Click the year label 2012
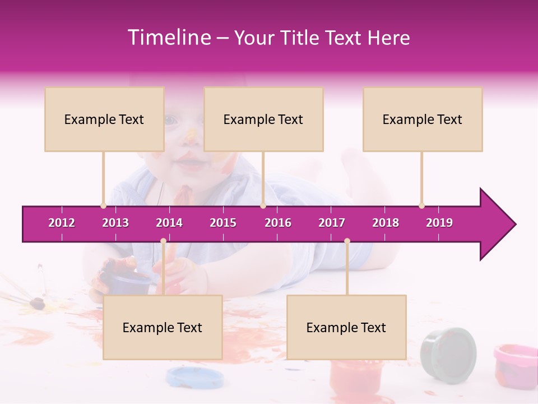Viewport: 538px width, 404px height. tap(62, 223)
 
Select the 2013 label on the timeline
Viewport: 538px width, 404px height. tap(115, 223)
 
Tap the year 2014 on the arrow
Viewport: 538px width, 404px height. tap(169, 223)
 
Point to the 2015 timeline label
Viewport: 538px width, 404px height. tap(223, 223)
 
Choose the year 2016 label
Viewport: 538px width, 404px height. tap(278, 223)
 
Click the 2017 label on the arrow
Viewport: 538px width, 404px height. tap(332, 223)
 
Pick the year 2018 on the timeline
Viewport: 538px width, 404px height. tap(386, 223)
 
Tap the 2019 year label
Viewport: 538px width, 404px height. tap(439, 223)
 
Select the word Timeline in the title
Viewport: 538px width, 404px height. tap(168, 38)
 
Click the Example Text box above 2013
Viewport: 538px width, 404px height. tap(104, 119)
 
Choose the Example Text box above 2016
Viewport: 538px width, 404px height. tap(263, 119)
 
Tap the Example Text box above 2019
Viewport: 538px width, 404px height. tap(423, 119)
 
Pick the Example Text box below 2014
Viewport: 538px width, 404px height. tap(163, 327)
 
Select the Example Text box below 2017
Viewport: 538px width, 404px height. tap(346, 327)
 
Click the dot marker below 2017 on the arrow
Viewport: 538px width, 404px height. tap(347, 241)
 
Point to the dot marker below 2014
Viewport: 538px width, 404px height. tap(163, 241)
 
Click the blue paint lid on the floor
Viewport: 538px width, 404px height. tap(188, 377)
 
